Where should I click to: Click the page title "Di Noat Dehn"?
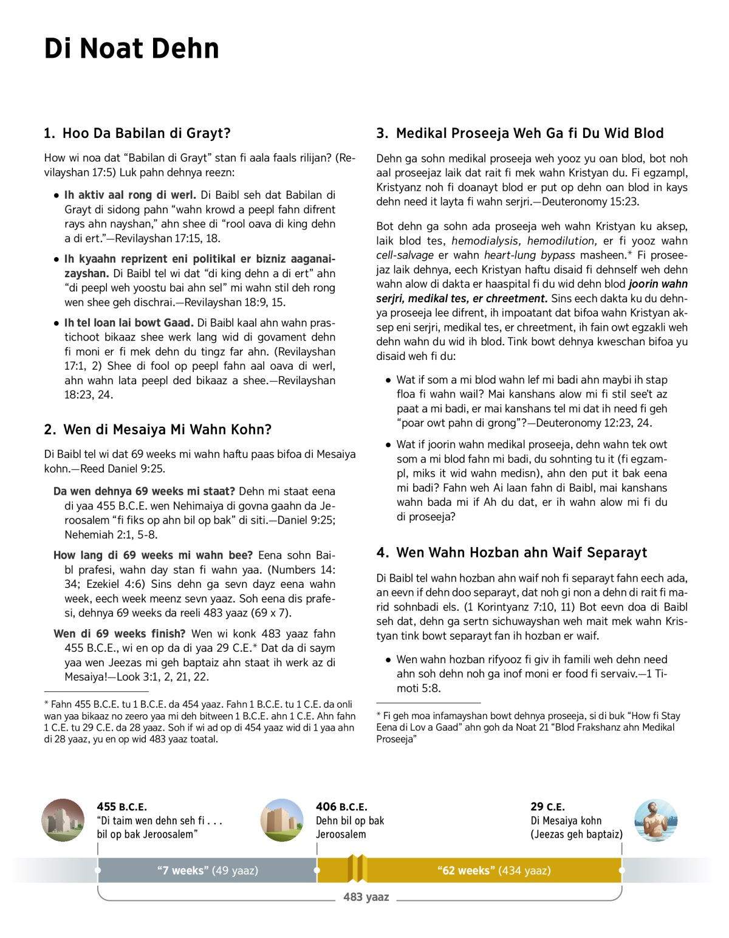pos(131,49)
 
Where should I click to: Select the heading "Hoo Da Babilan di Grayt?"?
pos(146,134)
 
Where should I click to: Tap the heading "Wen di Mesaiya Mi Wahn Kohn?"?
pos(167,430)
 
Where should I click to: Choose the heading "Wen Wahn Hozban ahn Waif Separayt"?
pos(521,553)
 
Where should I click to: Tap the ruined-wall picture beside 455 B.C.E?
pos(63,820)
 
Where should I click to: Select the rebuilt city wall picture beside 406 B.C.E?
pos(281,820)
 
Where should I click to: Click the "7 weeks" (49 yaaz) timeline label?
pos(207,871)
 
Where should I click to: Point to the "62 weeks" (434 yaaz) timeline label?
pos(494,871)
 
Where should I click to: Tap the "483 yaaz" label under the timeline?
pos(366,897)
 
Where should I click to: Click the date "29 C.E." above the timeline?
pos(547,807)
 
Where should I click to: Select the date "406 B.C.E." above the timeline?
pos(341,807)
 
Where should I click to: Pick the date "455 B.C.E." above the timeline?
pos(122,807)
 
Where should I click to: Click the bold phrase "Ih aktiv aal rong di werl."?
pos(130,195)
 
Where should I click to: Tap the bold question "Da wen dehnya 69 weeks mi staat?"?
pos(144,491)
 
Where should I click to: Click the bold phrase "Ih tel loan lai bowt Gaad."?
pos(129,323)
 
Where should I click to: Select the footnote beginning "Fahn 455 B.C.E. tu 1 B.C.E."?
pos(199,722)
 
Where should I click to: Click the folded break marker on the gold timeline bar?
pos(357,869)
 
